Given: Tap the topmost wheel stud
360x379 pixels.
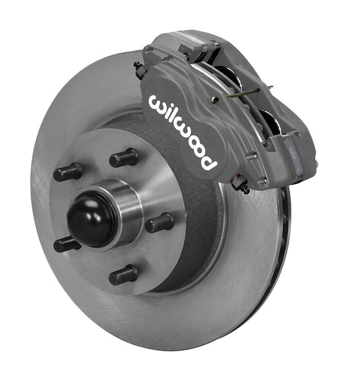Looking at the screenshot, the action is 124,158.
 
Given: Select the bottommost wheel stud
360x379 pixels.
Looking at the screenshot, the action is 123,275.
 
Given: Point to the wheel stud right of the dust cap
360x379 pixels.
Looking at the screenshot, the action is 159,223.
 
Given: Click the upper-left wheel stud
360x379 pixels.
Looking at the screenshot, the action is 67,172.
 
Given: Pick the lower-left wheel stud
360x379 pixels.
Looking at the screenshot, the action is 66,244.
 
